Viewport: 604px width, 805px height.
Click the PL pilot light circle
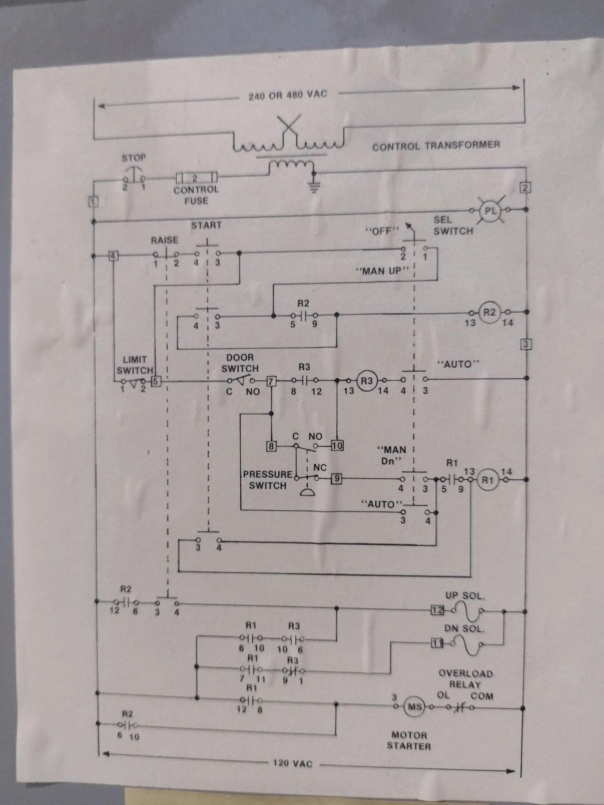tap(490, 210)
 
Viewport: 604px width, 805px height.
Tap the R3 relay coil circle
tap(366, 381)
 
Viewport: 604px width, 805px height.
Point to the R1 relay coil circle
tap(487, 480)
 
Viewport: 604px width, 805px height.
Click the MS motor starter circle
tap(414, 707)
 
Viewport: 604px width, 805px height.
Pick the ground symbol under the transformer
tap(315, 187)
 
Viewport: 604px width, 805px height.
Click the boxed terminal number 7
tap(271, 381)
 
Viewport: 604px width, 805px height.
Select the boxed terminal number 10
tap(337, 445)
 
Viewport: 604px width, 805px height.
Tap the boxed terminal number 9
tap(336, 479)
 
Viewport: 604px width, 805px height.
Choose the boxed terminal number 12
tap(437, 610)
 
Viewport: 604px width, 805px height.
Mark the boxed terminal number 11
tap(437, 643)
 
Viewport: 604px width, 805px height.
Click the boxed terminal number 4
tap(114, 256)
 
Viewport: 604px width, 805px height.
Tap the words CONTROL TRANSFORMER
tap(436, 146)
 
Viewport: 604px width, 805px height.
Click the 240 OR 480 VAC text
tap(288, 95)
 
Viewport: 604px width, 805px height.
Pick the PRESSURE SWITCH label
tap(268, 480)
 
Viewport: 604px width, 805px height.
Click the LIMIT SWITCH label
tap(135, 365)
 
